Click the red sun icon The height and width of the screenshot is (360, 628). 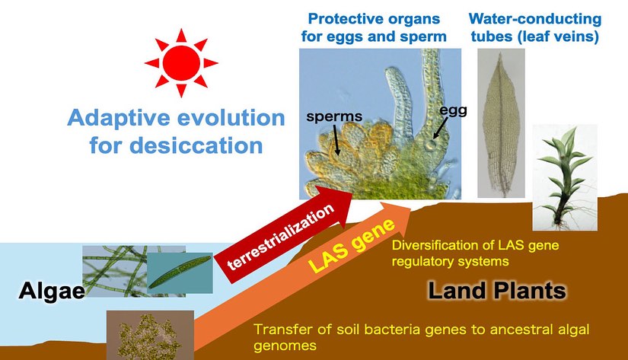tap(181, 63)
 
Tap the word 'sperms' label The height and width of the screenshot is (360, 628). tap(334, 116)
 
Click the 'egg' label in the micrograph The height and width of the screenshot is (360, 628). tap(453, 110)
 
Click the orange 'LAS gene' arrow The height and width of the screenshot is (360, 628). tap(301, 280)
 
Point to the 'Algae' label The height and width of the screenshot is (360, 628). tap(52, 291)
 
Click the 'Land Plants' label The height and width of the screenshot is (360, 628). tap(497, 290)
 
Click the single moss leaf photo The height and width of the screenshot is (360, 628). tap(501, 123)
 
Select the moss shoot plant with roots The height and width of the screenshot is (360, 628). tap(565, 177)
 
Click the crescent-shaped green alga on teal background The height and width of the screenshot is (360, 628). tap(180, 272)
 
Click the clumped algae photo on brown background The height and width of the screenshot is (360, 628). tap(150, 335)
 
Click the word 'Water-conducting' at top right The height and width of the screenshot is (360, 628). tap(534, 19)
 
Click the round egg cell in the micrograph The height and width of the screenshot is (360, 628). tap(431, 145)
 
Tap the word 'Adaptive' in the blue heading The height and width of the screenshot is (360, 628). tap(120, 118)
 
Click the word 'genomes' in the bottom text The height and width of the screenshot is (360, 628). tap(285, 346)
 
